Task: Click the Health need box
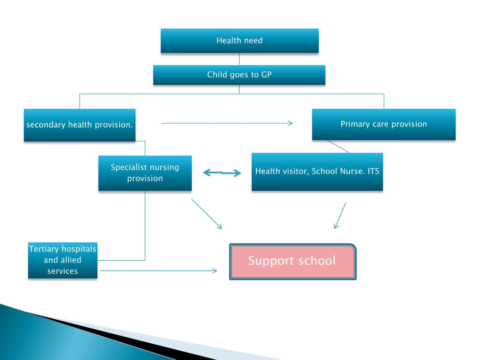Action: pyautogui.click(x=240, y=41)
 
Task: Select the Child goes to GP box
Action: pyautogui.click(x=239, y=75)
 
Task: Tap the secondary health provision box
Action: pyautogui.click(x=80, y=125)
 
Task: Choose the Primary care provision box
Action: pyautogui.click(x=383, y=124)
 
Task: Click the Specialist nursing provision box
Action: pyautogui.click(x=145, y=172)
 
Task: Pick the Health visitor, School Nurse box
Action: pyautogui.click(x=317, y=172)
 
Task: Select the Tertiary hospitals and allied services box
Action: pyautogui.click(x=63, y=260)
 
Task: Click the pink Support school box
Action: pyautogui.click(x=292, y=261)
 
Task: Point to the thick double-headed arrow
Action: pyautogui.click(x=222, y=173)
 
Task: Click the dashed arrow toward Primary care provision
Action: pyautogui.click(x=226, y=123)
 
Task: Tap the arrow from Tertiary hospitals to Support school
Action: pyautogui.click(x=159, y=270)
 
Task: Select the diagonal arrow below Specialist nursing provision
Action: pyautogui.click(x=206, y=214)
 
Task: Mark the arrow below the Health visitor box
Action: pyautogui.click(x=340, y=216)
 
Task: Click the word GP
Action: pyautogui.click(x=266, y=75)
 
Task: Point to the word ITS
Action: pyautogui.click(x=374, y=171)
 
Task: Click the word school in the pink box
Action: pyautogui.click(x=313, y=261)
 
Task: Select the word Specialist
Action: pyautogui.click(x=128, y=167)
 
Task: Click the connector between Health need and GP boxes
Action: pyautogui.click(x=239, y=59)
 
